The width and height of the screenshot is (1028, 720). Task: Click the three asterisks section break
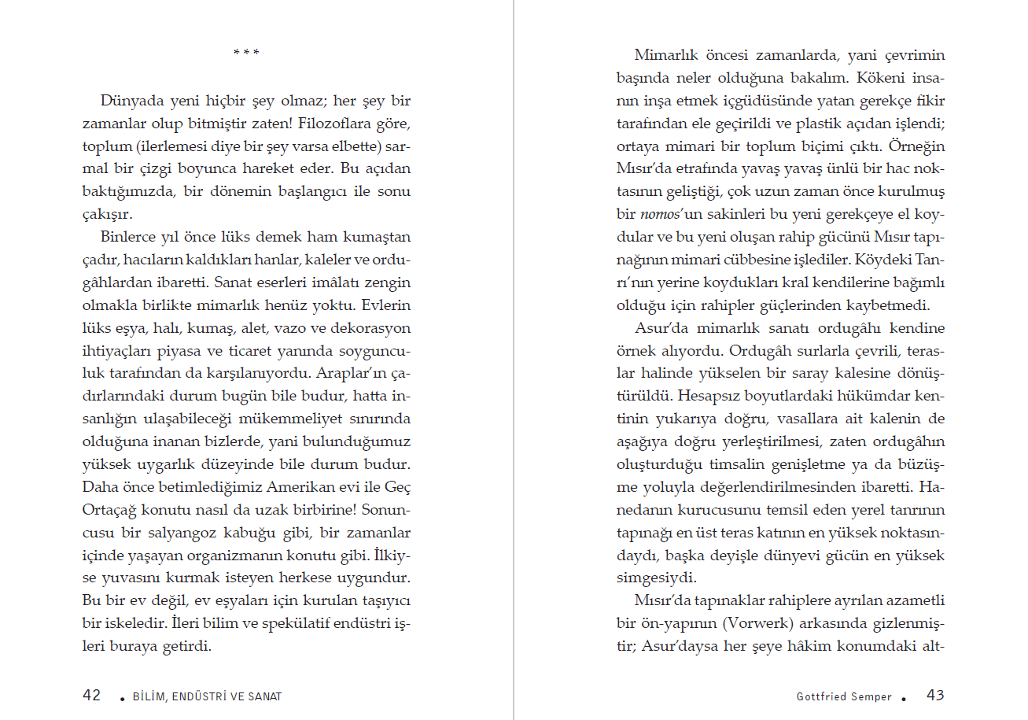point(246,54)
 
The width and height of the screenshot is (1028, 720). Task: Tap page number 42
point(92,696)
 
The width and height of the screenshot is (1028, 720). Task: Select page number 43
point(935,696)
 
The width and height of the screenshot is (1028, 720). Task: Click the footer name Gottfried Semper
point(844,696)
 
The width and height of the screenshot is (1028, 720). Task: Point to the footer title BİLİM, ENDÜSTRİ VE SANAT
point(207,696)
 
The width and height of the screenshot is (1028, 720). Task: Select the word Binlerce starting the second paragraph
point(130,237)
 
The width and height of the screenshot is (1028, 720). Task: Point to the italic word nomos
point(658,214)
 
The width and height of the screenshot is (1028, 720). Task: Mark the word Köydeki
point(879,259)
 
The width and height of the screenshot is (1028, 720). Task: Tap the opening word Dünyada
point(131,102)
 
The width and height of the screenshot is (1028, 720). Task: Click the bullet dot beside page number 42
point(121,698)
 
